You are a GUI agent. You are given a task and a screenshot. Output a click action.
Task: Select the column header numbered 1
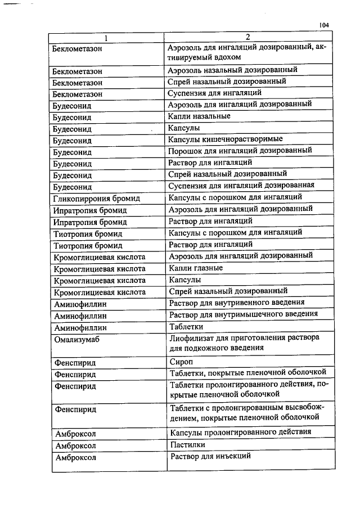click(x=105, y=38)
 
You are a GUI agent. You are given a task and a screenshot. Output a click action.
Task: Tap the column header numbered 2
click(x=247, y=37)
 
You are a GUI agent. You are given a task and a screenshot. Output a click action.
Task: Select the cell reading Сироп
click(x=181, y=362)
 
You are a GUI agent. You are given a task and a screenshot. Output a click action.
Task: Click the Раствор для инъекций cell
click(x=210, y=456)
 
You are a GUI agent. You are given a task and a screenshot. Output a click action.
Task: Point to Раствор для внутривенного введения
click(x=237, y=303)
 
